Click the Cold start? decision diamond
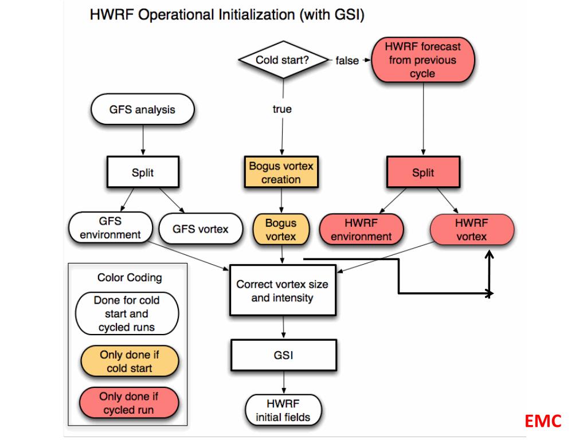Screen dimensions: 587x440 click(283, 60)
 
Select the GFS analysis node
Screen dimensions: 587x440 click(143, 109)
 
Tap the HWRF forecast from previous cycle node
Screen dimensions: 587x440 click(423, 60)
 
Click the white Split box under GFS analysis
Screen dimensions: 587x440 click(143, 172)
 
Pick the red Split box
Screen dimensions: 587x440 click(423, 172)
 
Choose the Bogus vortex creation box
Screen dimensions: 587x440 click(281, 172)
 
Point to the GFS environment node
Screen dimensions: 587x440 click(111, 227)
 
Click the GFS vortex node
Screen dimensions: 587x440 click(201, 229)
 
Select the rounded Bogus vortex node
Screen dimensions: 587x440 click(281, 229)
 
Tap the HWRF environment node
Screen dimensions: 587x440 click(361, 229)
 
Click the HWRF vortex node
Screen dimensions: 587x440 click(472, 229)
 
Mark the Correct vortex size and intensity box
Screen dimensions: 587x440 click(283, 290)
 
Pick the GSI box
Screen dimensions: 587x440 click(283, 355)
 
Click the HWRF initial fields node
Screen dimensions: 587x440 click(283, 410)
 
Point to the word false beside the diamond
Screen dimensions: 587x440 click(347, 60)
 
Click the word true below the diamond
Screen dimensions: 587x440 click(282, 109)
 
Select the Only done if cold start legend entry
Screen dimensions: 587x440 click(130, 361)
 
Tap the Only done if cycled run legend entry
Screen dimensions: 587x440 click(129, 403)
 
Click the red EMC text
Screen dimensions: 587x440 click(543, 421)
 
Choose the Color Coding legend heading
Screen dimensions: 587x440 click(130, 278)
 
